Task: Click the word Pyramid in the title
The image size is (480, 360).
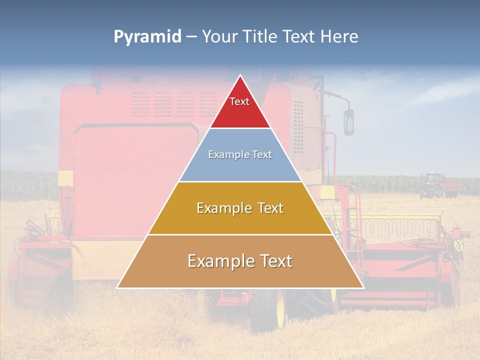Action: coord(147,37)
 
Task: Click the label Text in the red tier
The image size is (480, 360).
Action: coord(239,101)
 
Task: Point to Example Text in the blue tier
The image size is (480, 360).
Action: coord(240,154)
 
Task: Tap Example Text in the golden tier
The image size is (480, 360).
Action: coord(240,208)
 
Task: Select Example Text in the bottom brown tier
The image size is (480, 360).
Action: coord(240,261)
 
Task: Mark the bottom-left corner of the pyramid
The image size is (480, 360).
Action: coord(117,287)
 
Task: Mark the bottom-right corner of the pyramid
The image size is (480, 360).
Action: coord(363,287)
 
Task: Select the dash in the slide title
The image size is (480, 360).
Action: coord(191,37)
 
